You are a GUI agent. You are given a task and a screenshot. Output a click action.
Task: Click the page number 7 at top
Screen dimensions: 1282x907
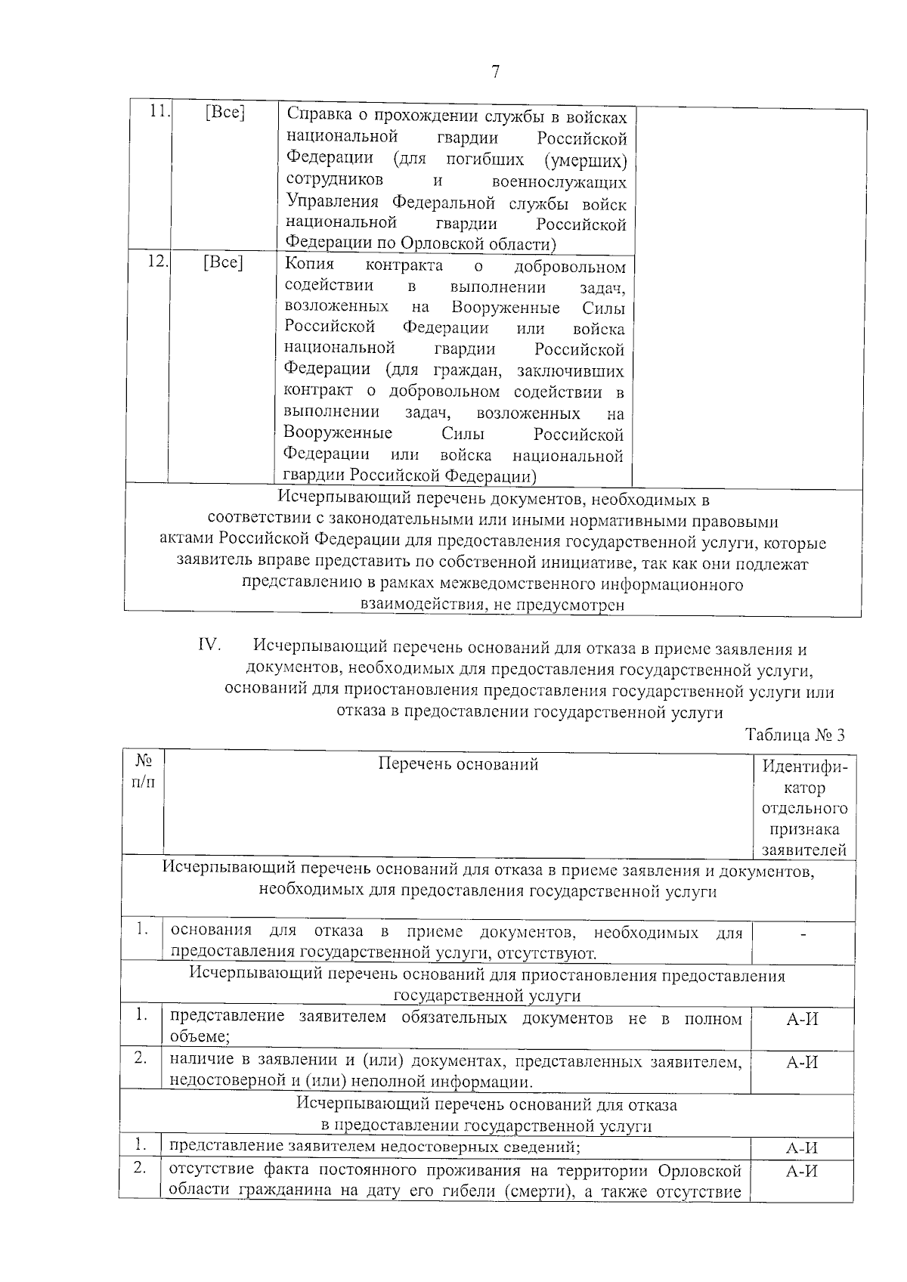tap(495, 72)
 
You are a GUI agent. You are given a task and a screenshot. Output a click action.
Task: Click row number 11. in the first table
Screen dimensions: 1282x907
tap(159, 111)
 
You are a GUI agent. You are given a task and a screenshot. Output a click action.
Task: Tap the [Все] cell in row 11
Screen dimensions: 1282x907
tap(224, 113)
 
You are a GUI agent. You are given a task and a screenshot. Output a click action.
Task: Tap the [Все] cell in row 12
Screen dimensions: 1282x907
tap(223, 262)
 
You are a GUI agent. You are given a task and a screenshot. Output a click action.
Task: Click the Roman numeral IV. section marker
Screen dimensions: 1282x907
tap(209, 645)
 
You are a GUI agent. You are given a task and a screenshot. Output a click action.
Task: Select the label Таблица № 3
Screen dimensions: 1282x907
tap(794, 735)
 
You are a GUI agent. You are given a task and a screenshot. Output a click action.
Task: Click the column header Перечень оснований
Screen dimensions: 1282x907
tap(458, 763)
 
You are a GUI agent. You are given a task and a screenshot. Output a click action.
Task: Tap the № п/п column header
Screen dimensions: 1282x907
tap(144, 770)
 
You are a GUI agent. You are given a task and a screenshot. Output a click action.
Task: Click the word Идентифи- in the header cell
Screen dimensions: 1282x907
tap(804, 766)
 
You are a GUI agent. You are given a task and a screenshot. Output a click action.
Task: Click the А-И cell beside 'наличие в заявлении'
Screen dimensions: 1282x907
tap(803, 1063)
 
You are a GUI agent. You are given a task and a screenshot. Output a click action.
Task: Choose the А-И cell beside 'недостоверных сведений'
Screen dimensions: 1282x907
tap(803, 1148)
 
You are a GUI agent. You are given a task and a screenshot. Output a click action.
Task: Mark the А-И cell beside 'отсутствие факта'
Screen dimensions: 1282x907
tap(803, 1171)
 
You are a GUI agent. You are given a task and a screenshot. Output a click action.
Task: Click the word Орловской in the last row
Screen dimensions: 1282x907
tap(699, 1171)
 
